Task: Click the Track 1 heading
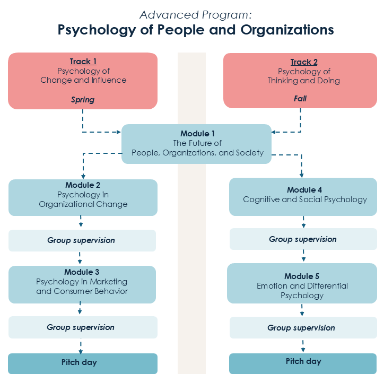pos(83,62)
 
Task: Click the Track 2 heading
pos(304,62)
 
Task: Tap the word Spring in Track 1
pos(83,99)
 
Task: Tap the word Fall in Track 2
pos(300,99)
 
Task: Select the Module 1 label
pos(197,133)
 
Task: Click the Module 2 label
pos(83,185)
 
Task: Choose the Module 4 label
pos(304,190)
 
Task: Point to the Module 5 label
pos(302,276)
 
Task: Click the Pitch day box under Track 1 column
pos(83,363)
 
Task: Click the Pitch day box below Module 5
pos(303,362)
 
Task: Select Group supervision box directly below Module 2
pos(81,240)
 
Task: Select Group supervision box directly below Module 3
pos(81,327)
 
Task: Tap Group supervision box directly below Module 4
pos(303,239)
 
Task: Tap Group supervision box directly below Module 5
pos(301,328)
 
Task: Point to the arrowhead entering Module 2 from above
pos(83,176)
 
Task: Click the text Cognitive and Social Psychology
pos(304,200)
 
